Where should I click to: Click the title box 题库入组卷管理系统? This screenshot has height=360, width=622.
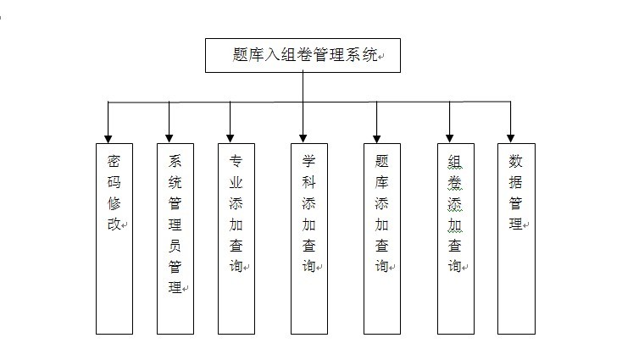303,55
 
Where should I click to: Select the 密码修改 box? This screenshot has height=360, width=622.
114,237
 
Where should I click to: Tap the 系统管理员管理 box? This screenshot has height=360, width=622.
175,237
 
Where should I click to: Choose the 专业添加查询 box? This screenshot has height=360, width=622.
236,237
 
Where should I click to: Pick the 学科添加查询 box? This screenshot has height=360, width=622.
309,237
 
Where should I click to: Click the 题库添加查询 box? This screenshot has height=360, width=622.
382,237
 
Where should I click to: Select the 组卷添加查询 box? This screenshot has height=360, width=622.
455,237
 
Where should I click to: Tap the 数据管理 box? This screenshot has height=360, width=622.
516,237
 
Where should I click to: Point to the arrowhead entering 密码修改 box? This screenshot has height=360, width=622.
108,136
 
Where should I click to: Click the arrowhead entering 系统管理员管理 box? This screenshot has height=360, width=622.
169,136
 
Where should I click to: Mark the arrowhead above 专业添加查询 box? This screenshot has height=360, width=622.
230,136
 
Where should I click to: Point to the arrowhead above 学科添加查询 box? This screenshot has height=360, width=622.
303,136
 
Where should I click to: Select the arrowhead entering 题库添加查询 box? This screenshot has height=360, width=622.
376,136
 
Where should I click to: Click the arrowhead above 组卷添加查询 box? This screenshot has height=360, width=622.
449,136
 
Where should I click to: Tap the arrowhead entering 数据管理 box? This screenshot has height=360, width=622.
510,136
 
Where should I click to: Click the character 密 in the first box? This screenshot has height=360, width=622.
114,160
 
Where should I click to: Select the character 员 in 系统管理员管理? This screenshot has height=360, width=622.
175,246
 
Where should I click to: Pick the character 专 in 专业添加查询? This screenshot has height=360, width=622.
236,160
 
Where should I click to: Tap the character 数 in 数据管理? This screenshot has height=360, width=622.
515,160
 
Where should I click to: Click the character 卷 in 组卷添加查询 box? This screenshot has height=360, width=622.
455,181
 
